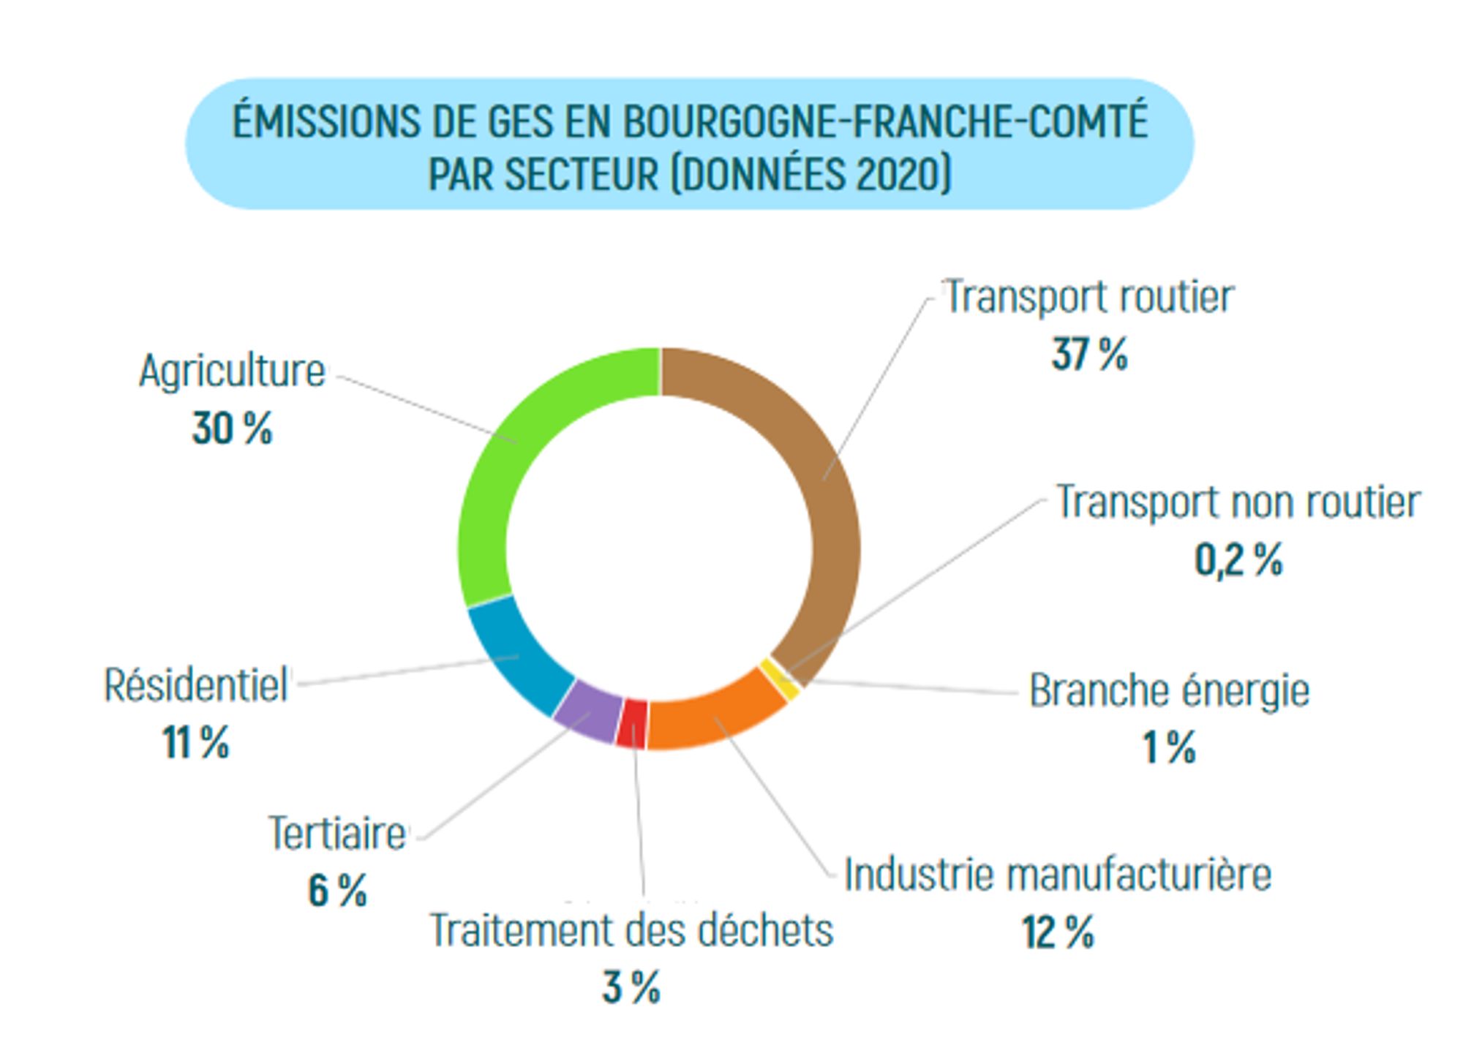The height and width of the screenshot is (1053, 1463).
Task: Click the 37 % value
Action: (1089, 355)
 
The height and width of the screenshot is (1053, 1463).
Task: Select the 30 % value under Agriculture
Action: (232, 429)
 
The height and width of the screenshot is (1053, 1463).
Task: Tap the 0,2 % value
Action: (1238, 561)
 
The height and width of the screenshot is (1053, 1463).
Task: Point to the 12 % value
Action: (1058, 933)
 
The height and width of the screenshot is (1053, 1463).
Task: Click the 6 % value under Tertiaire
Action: (337, 891)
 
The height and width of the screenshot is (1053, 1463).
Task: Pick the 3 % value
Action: (631, 987)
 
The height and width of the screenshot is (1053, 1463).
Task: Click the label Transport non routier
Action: (1238, 503)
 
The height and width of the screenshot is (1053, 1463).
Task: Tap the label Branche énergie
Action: (1169, 690)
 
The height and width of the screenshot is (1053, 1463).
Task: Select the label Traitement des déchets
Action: (631, 930)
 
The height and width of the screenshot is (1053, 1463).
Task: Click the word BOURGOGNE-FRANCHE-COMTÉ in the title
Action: (885, 121)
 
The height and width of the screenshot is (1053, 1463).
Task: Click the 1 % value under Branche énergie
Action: (1169, 747)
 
